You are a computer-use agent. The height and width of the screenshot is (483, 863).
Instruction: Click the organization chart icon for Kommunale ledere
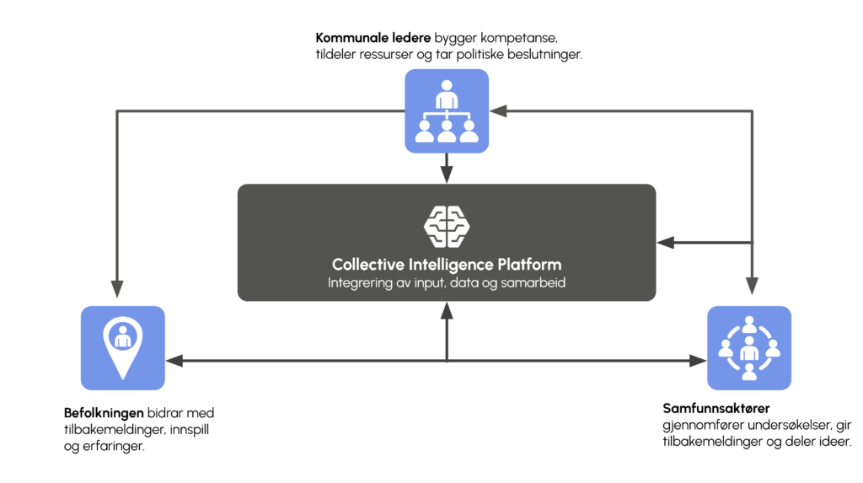447,111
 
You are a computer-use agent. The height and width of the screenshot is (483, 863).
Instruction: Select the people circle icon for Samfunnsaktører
748,347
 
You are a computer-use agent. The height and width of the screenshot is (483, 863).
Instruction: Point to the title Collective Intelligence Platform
447,264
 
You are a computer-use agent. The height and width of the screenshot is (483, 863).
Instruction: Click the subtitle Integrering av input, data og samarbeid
447,283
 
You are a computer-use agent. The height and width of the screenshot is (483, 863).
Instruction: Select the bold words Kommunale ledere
373,38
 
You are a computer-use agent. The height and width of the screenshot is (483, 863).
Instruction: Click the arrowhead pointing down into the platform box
447,174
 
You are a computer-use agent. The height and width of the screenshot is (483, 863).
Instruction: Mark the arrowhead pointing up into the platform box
447,309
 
